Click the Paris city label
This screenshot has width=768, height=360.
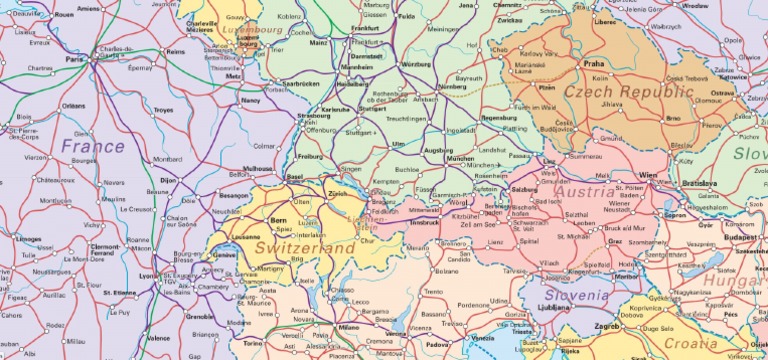(x=74, y=60)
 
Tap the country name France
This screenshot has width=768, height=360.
(x=92, y=146)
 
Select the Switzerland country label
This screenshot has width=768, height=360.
(x=305, y=246)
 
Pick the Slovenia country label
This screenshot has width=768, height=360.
(x=575, y=296)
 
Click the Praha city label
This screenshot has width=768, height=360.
(x=594, y=63)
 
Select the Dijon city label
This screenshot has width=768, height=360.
(x=168, y=180)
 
